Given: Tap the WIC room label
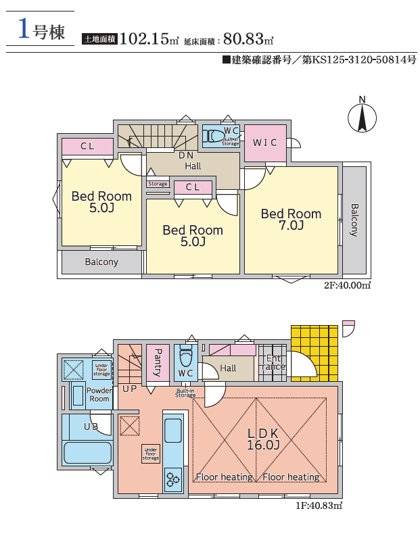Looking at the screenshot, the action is [264, 143].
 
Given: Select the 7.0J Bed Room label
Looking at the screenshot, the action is [291, 220].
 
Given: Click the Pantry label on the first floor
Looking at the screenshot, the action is [158, 363].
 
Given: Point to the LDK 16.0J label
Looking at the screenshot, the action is [263, 439].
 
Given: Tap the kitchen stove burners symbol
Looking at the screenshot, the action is [173, 479].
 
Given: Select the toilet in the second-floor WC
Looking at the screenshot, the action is [212, 137].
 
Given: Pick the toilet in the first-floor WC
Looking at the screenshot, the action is [186, 357].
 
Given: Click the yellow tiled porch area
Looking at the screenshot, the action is [314, 353].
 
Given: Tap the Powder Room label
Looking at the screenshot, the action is [99, 395].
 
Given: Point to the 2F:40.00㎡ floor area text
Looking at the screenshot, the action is [347, 285].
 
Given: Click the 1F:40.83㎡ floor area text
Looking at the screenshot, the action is [319, 506].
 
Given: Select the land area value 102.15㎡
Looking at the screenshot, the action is [149, 39].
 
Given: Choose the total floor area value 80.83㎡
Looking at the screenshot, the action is [248, 39].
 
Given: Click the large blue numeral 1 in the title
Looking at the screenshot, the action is [24, 29].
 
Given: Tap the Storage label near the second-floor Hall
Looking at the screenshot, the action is [158, 184].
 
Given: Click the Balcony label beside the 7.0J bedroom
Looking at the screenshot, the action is [354, 220].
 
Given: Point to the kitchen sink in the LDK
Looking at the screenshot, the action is [173, 431].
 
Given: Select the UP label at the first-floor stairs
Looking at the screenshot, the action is [130, 389].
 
